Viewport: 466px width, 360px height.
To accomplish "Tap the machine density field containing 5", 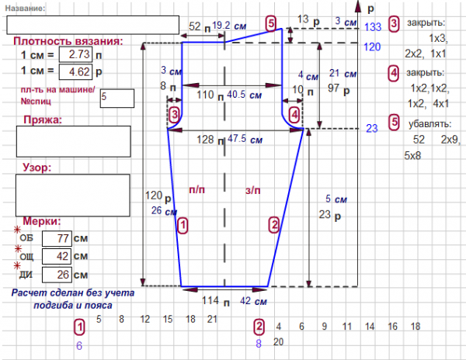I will point(116,98).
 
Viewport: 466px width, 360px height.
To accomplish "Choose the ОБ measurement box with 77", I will point(56,238).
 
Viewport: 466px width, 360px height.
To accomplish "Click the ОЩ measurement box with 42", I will point(56,256).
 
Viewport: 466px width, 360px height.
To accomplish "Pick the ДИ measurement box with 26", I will point(56,274).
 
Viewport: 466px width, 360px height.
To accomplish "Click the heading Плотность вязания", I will point(68,40).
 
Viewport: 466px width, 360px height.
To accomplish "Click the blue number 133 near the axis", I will point(372,27).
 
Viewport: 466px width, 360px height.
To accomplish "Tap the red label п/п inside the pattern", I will point(197,189).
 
